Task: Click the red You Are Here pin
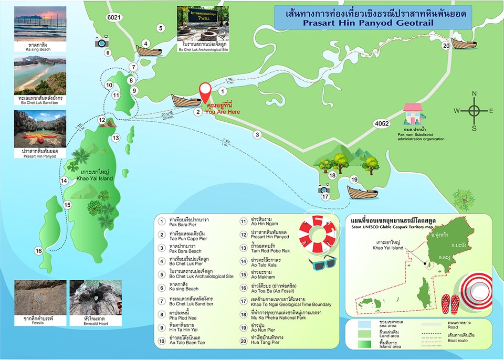206,92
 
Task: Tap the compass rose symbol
474,111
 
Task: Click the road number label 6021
114,17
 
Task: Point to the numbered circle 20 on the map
446,46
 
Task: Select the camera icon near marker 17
324,188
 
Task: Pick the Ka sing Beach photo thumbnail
40,25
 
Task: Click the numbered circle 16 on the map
38,251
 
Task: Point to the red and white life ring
318,234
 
